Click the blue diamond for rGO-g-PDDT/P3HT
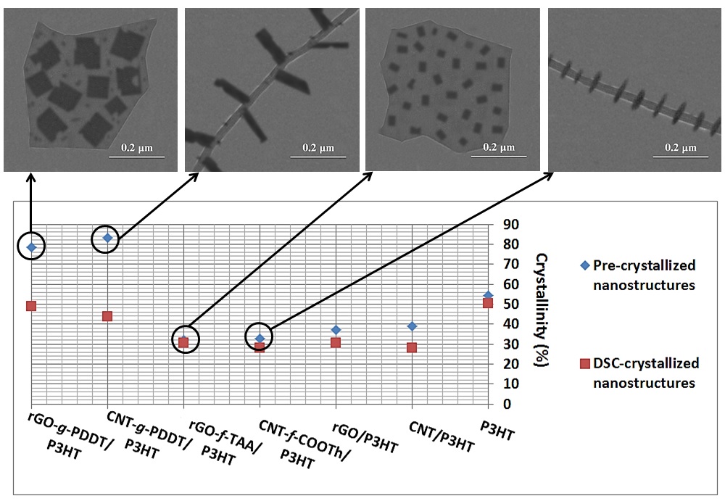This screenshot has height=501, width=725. click(31, 247)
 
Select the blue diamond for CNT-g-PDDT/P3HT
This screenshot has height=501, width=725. click(107, 238)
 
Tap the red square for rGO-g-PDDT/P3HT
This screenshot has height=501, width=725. click(31, 306)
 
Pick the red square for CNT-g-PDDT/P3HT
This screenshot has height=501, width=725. click(107, 316)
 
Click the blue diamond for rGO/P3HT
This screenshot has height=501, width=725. click(336, 330)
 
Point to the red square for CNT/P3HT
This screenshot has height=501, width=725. click(412, 347)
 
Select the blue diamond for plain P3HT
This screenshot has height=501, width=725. click(488, 296)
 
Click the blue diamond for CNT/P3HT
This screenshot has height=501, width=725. click(412, 326)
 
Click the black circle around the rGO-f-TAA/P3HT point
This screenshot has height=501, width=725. click(185, 339)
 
